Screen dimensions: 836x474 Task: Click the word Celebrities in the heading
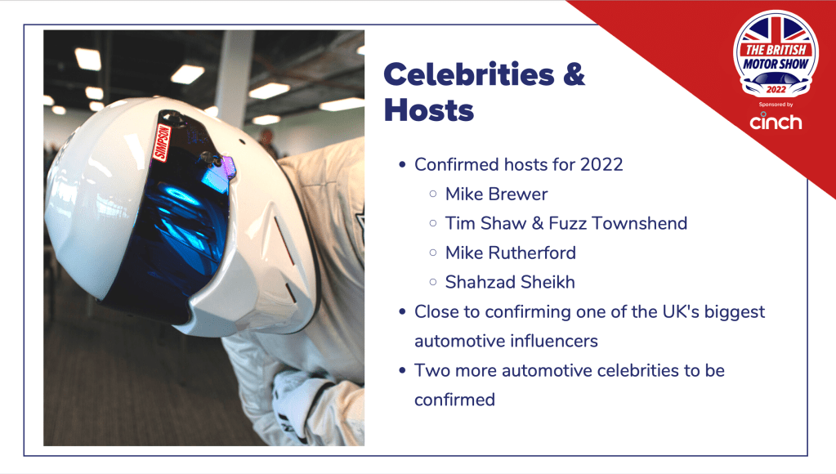[468, 74]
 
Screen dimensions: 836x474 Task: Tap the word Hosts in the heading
[429, 110]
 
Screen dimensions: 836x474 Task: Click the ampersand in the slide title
[574, 74]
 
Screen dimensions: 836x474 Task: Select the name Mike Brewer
[496, 194]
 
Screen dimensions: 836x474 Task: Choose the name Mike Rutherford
[511, 253]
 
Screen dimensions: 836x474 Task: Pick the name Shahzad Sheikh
[510, 282]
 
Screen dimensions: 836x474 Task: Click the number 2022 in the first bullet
[601, 165]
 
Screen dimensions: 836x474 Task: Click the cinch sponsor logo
[776, 122]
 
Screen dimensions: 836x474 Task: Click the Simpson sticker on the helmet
[162, 142]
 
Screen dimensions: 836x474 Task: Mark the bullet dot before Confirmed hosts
[403, 165]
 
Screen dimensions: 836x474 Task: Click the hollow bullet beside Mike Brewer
[433, 194]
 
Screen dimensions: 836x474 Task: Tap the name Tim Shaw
[485, 223]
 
